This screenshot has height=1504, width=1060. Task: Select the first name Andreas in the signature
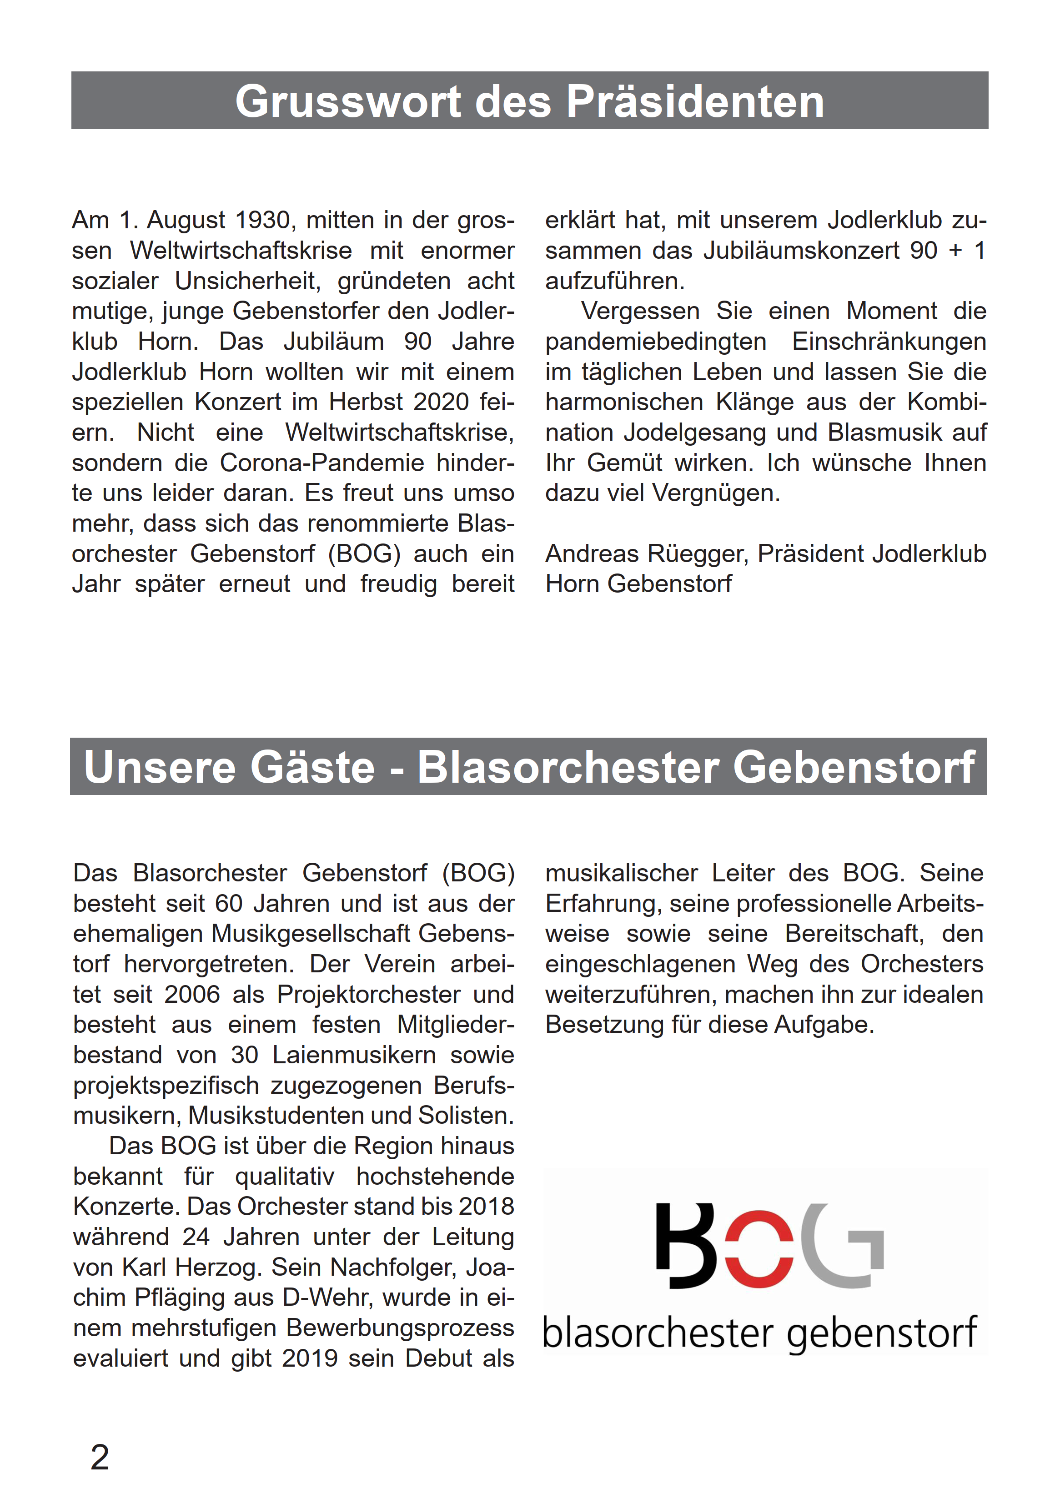coord(592,553)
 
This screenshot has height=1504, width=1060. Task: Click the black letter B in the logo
coord(684,1246)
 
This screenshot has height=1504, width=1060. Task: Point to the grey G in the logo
coord(842,1246)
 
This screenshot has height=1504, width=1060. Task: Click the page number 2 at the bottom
coord(100,1458)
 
